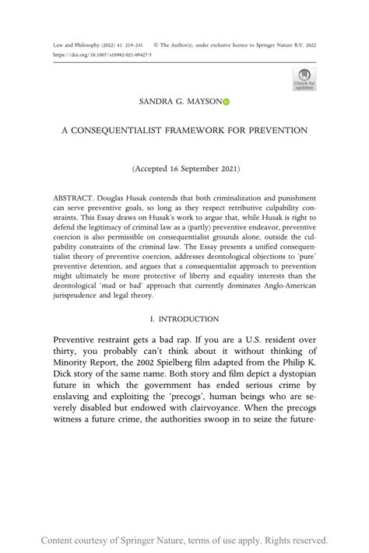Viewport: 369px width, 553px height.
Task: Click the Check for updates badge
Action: pos(304,79)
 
